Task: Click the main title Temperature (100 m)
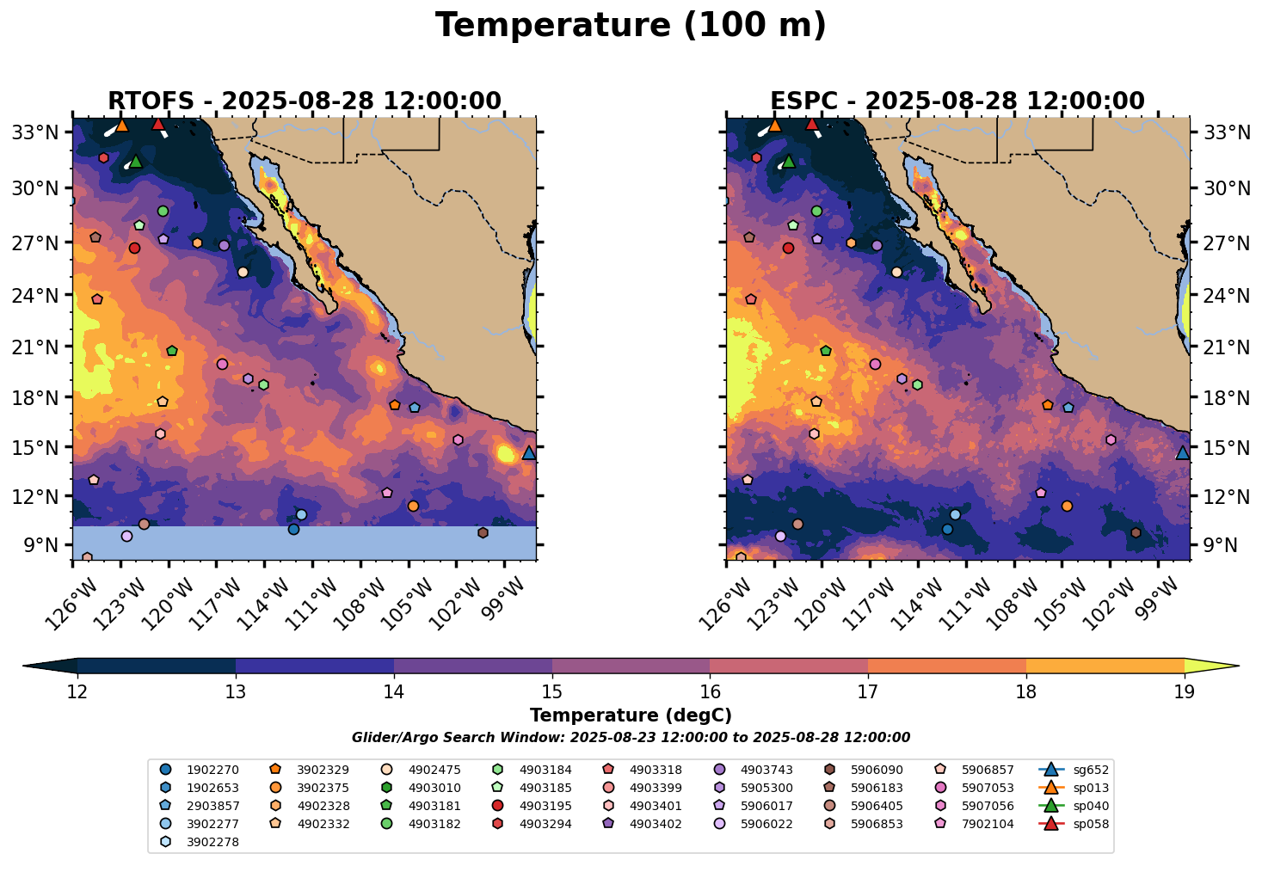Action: [631, 26]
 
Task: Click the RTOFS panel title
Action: [304, 101]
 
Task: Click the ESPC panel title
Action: [957, 101]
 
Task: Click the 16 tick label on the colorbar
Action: [710, 692]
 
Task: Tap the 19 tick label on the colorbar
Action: [1184, 692]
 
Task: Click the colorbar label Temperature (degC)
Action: [631, 715]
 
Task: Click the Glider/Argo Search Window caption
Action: [631, 738]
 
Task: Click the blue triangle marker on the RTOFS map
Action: [529, 452]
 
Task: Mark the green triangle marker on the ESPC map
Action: [789, 161]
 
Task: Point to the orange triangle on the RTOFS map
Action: [121, 125]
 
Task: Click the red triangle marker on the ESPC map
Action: [811, 124]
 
